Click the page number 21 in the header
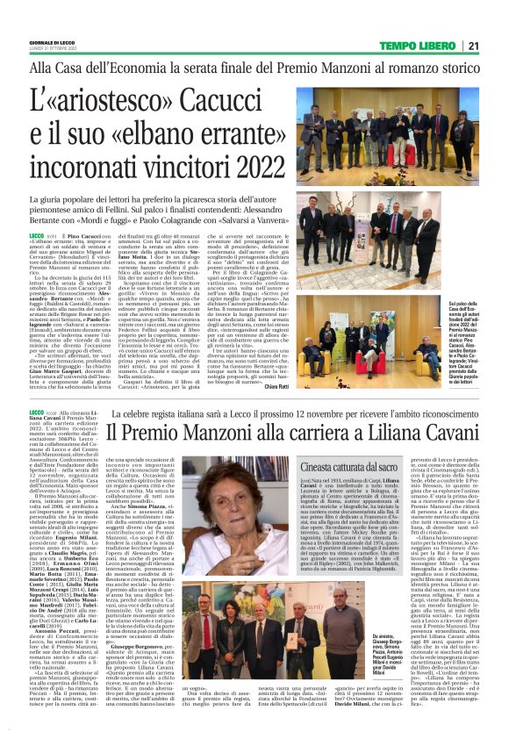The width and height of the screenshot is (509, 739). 471,46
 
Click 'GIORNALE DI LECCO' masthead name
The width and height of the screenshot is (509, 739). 50,43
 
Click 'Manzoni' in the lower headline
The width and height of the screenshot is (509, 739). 217,432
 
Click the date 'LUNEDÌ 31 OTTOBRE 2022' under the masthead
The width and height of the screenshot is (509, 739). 51,50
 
